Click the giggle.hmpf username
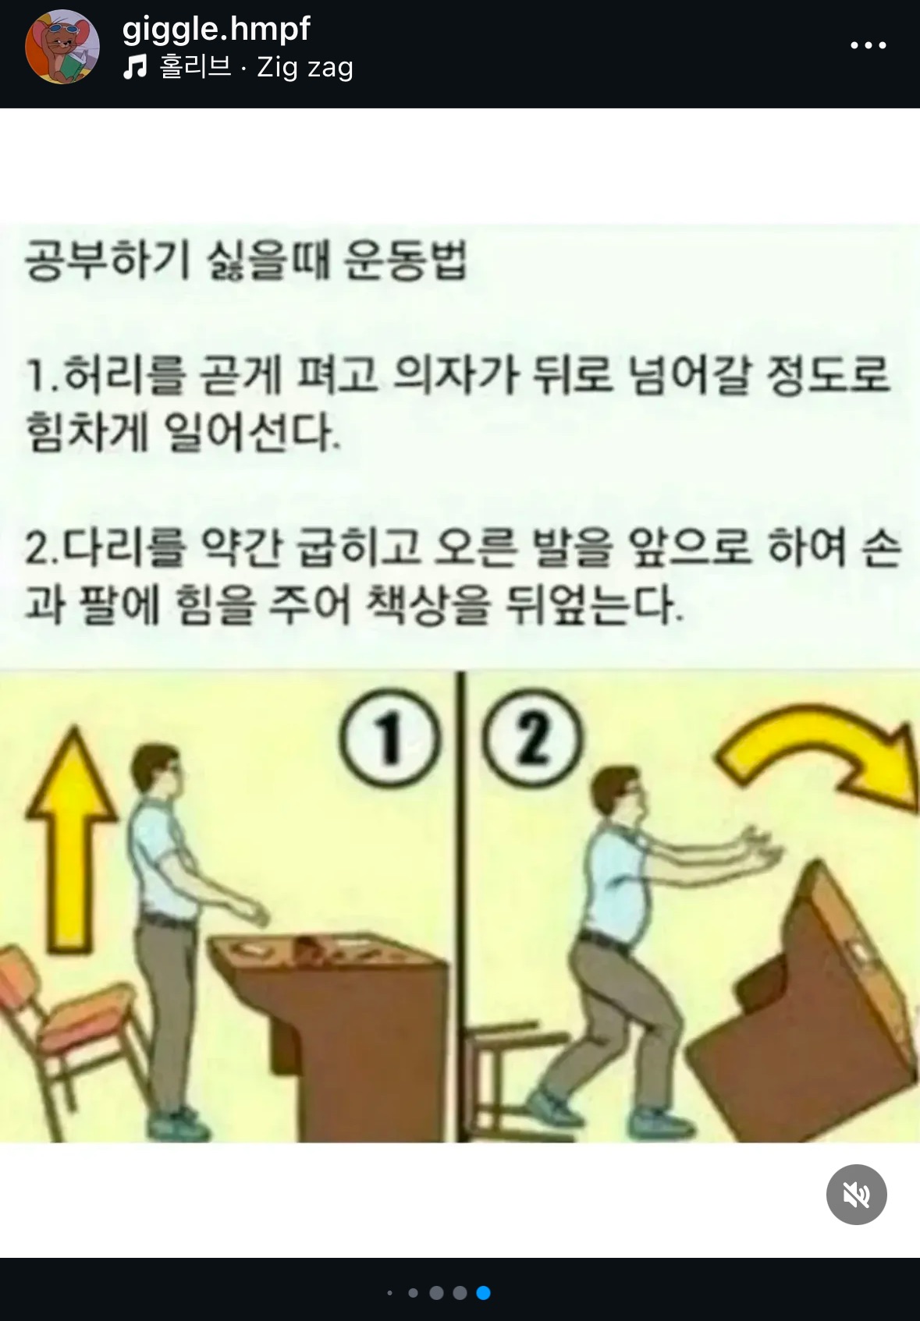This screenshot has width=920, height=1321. [216, 30]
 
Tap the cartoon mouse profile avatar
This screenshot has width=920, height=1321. [62, 47]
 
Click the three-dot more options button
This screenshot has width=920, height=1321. [868, 45]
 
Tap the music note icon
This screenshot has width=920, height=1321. [135, 66]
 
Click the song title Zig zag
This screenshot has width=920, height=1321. [305, 67]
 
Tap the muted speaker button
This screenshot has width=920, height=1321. [856, 1194]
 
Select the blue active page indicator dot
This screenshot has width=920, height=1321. [483, 1293]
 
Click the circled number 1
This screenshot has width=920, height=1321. [389, 737]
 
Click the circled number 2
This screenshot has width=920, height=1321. [532, 737]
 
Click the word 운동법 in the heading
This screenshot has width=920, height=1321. [405, 260]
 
